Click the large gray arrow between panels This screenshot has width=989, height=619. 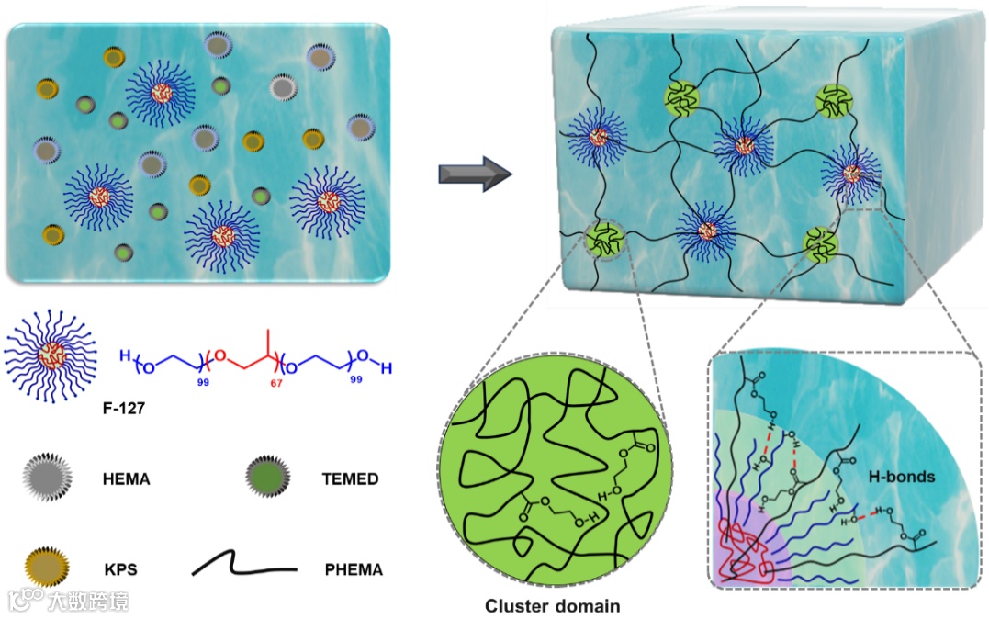pos(474,173)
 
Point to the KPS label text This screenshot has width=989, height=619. pos(120,569)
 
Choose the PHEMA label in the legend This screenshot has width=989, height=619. pos(354,569)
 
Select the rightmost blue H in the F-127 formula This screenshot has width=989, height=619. pos(387,368)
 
